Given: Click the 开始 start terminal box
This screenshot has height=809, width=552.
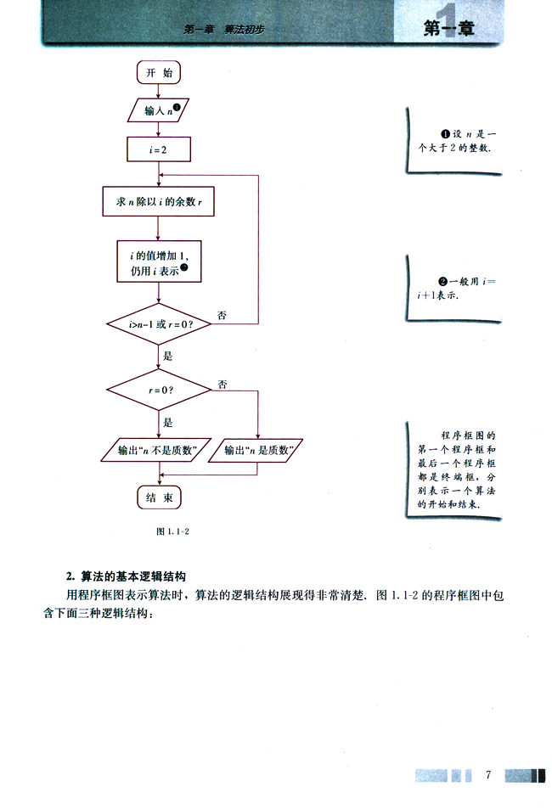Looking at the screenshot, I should [159, 73].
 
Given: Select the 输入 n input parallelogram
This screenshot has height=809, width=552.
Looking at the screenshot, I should [160, 110].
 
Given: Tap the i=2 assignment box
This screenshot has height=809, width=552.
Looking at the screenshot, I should [159, 149].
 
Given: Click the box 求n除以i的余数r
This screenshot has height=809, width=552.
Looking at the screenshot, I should [159, 202].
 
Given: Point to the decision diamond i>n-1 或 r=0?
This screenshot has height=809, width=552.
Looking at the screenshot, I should [159, 324].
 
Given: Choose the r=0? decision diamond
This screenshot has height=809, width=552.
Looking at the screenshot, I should [159, 390].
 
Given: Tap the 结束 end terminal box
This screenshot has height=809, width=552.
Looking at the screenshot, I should [159, 497].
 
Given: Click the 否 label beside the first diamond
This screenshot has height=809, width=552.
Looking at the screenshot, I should [222, 315].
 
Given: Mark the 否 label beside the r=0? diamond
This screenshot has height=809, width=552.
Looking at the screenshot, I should [222, 384].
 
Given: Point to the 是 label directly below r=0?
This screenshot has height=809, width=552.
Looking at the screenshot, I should [167, 422].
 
